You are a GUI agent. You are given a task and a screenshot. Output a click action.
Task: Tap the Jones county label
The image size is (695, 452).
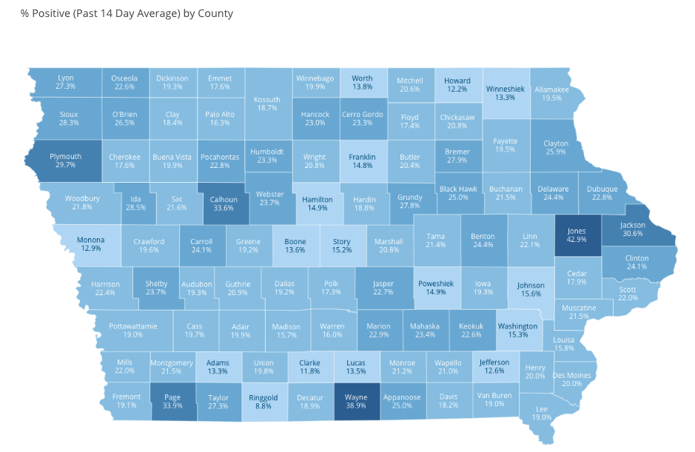coord(577,229)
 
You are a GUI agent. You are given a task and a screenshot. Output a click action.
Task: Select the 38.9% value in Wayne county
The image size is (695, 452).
coord(356,407)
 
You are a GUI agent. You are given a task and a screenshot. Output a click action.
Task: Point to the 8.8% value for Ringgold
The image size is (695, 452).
coord(263,407)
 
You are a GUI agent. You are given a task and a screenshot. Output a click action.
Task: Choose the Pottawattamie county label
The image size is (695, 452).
coord(133,325)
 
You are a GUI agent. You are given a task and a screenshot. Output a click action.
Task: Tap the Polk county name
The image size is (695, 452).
coord(331,283)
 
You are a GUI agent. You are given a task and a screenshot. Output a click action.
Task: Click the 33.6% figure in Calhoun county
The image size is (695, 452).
coord(223,209)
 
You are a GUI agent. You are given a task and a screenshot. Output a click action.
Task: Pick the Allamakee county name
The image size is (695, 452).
coord(551,90)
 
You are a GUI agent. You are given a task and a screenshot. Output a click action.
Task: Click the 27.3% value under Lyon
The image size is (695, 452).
coord(65,87)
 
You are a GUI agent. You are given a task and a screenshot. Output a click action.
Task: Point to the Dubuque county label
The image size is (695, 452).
coord(602,189)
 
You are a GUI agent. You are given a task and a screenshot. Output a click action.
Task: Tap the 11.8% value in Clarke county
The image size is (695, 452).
coord(309,372)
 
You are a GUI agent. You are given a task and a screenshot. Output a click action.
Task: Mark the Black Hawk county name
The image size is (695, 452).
coord(458,189)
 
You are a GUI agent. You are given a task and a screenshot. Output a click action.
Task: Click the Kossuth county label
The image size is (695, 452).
coord(267,99)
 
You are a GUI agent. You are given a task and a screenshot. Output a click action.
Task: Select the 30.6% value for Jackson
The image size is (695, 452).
coord(632,234)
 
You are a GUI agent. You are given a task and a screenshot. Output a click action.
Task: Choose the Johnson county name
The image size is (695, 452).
coord(531,285)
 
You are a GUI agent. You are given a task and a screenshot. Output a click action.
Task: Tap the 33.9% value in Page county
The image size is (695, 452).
coord(172,407)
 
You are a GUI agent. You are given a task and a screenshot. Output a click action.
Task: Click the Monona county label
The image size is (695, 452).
coord(91,240)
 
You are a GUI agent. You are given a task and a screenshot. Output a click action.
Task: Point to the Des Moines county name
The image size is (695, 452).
coord(572,375)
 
